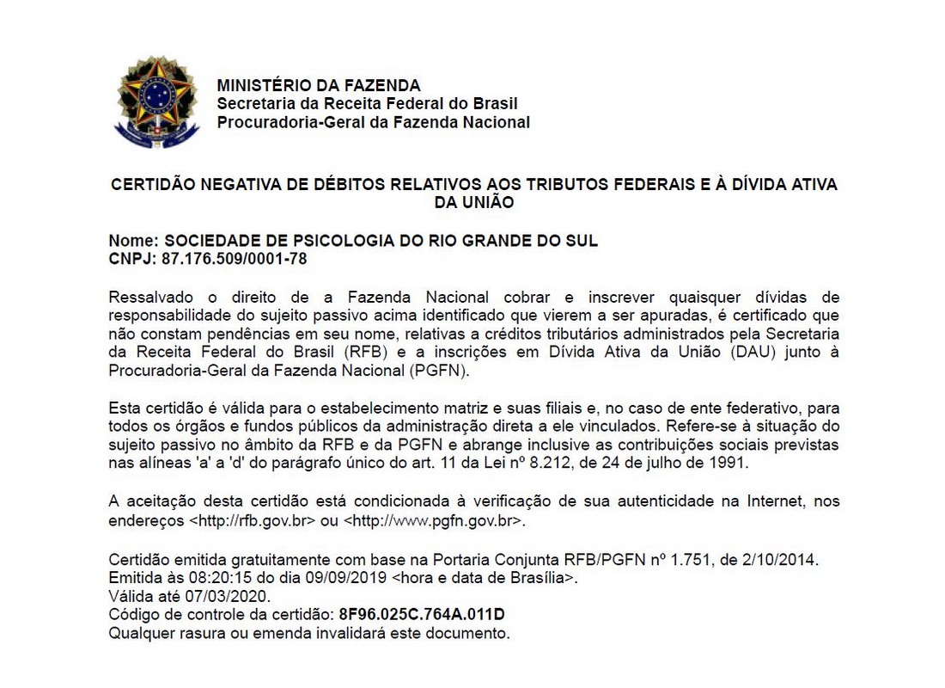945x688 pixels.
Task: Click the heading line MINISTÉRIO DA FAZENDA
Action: click(x=319, y=85)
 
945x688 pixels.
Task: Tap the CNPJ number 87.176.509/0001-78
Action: click(x=235, y=258)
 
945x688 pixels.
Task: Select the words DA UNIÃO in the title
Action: click(x=474, y=203)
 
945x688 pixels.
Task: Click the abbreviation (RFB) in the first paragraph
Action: click(x=344, y=353)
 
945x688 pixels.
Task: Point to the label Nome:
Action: click(x=133, y=241)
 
